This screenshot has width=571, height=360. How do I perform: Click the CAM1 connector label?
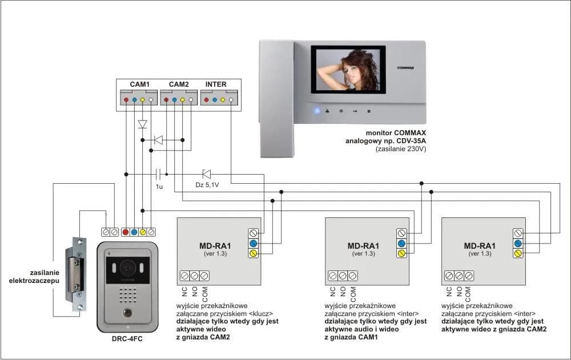point(140,84)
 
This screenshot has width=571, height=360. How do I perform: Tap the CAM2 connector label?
point(178,84)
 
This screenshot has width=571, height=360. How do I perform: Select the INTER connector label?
point(216,84)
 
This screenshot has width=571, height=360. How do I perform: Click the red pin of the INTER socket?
point(207,100)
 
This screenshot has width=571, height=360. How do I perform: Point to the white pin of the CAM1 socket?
point(151,100)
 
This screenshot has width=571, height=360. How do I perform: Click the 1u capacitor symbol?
point(159,173)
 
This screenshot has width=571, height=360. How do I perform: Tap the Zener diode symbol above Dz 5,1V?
point(206,173)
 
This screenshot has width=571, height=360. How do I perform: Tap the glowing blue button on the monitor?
point(317,111)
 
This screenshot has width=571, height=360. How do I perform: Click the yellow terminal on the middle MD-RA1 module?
point(401,253)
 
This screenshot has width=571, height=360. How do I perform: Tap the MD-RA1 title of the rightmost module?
point(478,246)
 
